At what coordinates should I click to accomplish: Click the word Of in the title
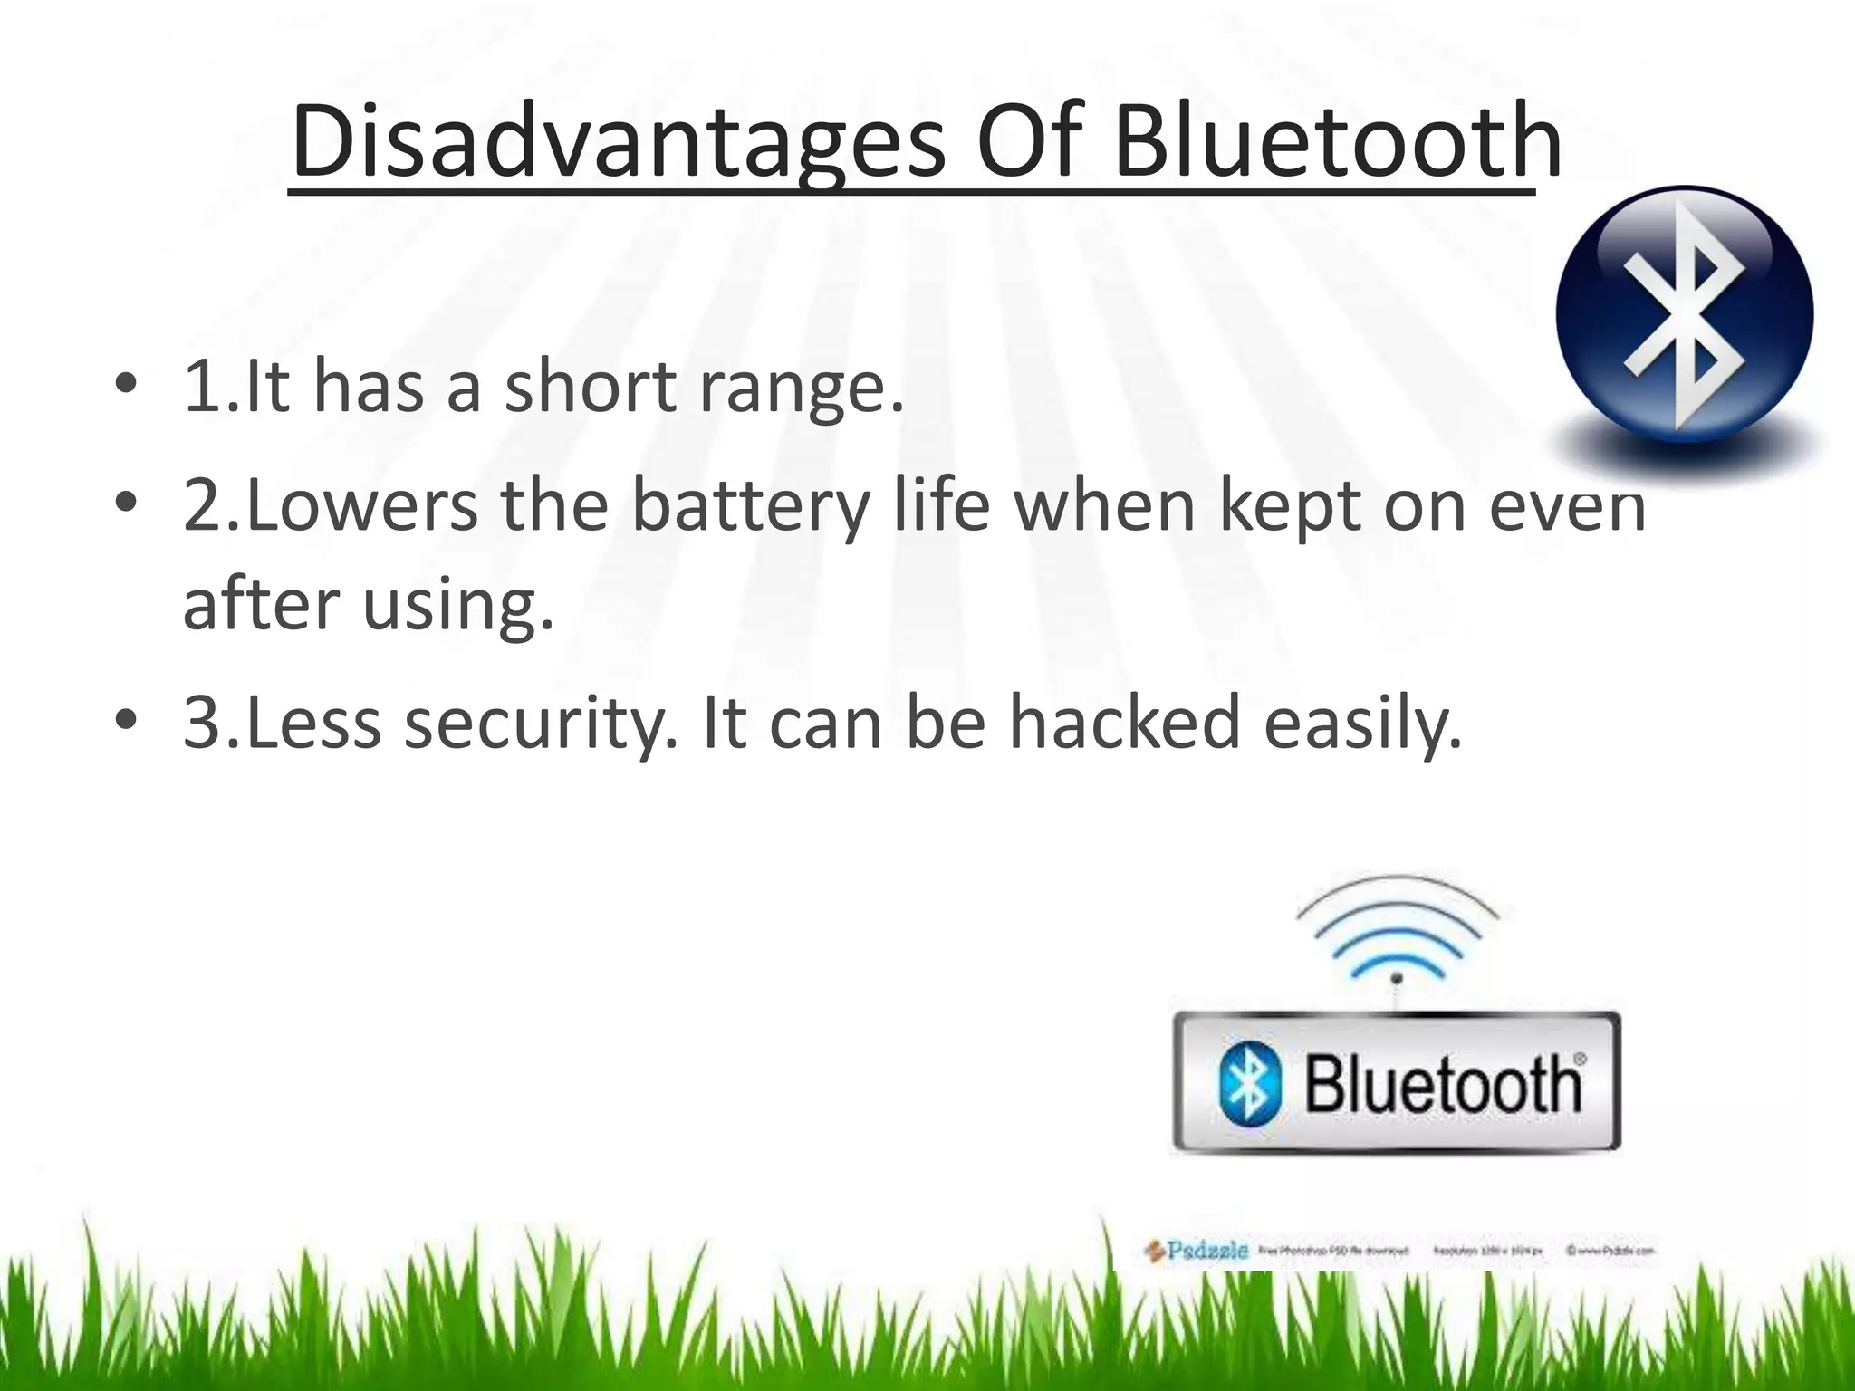pos(1029,143)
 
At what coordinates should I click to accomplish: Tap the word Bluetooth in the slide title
pos(1337,143)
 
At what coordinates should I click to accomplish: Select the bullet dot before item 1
pos(126,384)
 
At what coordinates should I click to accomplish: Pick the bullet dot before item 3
pos(126,720)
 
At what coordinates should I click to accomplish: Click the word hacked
pos(1124,723)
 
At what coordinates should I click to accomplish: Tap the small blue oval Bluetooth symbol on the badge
pos(1250,1083)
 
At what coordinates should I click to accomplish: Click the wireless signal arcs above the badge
pos(1397,933)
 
